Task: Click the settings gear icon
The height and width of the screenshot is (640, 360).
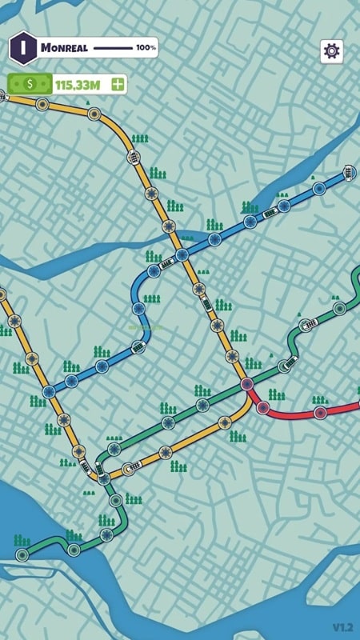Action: click(x=331, y=50)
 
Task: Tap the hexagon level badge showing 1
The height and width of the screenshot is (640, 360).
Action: click(x=23, y=47)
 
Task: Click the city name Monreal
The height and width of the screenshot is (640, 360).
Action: click(x=63, y=48)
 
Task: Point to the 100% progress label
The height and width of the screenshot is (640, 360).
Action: click(x=146, y=48)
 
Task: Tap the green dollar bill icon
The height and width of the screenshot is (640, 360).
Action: click(x=30, y=83)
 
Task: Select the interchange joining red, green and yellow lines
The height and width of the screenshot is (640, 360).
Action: click(x=247, y=384)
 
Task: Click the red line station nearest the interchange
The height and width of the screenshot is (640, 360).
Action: click(x=263, y=407)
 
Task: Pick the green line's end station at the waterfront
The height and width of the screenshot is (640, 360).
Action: click(x=22, y=554)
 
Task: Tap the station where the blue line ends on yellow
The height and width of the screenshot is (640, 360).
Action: click(x=50, y=391)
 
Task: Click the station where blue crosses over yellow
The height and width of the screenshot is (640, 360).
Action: click(x=182, y=255)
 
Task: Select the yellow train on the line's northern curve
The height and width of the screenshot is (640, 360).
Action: click(x=134, y=158)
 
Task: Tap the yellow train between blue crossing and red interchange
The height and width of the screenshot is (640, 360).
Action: click(x=206, y=304)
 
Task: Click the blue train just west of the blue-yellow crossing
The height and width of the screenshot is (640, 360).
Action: click(x=166, y=262)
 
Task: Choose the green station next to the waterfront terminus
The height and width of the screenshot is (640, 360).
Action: click(x=74, y=550)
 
